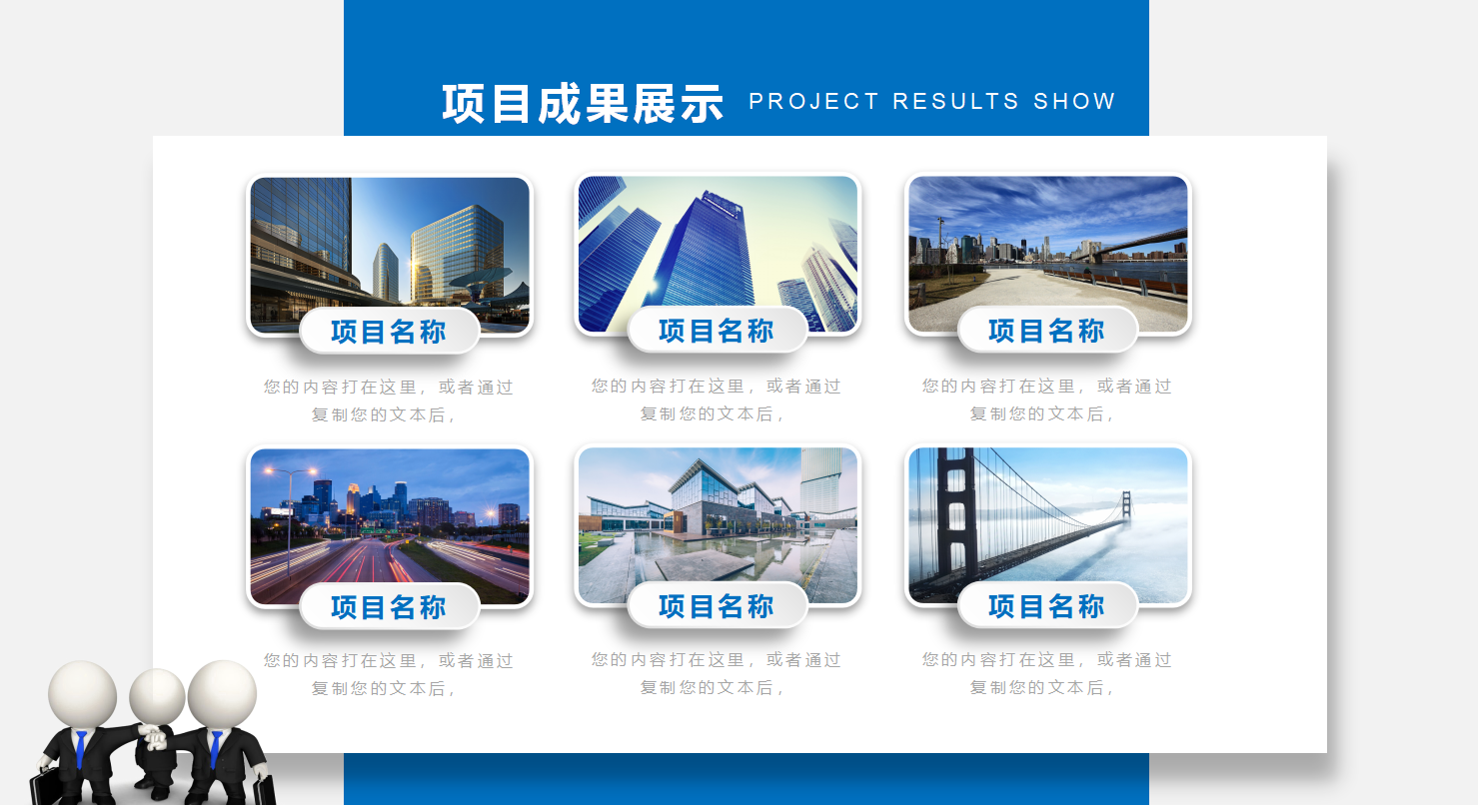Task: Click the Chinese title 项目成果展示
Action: (583, 104)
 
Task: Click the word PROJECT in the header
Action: (813, 101)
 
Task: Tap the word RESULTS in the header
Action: (956, 101)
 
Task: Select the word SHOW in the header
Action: (1074, 101)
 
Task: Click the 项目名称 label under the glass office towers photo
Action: (389, 332)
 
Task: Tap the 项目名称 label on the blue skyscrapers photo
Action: (717, 331)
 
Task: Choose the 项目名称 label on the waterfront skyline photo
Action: (1046, 331)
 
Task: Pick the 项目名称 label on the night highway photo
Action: (389, 607)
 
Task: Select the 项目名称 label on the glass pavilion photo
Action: (717, 606)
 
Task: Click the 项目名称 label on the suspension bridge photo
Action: (1046, 606)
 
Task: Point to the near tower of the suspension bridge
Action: (956, 514)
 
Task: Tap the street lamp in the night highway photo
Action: (289, 520)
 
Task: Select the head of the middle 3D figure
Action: (157, 696)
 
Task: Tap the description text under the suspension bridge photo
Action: (1046, 673)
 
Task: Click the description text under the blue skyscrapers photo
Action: (717, 400)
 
